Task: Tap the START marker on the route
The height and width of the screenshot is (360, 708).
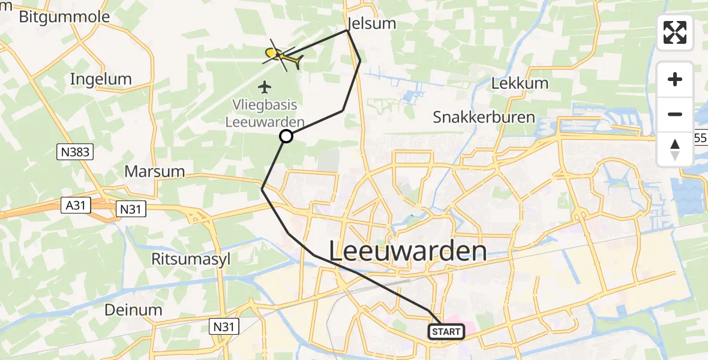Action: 446,332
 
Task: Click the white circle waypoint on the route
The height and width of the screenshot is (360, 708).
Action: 286,136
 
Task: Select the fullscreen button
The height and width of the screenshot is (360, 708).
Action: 675,32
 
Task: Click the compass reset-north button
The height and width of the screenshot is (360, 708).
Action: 675,149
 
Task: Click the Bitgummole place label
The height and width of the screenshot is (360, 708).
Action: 64,16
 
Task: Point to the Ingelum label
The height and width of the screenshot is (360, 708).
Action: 101,79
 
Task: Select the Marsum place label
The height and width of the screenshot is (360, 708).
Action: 154,171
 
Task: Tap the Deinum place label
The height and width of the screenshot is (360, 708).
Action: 133,310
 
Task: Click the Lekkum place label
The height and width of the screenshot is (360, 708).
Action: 520,83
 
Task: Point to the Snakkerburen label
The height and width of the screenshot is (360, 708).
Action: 484,117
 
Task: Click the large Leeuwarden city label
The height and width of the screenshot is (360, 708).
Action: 407,251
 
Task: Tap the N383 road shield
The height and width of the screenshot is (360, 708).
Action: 76,152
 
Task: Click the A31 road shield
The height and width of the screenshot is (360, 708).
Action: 76,206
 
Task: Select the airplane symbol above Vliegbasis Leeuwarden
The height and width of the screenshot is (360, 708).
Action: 265,87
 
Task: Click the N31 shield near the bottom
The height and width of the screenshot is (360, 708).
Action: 225,326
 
